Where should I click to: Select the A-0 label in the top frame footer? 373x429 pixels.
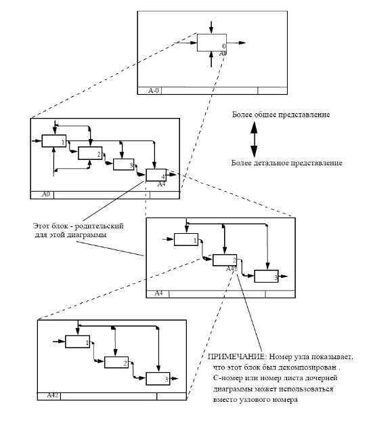point(153,91)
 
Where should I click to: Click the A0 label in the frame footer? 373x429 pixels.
point(46,195)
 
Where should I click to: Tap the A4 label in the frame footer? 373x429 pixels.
point(158,293)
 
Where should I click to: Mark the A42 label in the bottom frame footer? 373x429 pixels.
point(53,395)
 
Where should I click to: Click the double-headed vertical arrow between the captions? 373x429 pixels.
point(254,140)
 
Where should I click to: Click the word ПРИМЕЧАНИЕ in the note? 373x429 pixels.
point(237,356)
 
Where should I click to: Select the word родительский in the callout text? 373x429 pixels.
point(99,226)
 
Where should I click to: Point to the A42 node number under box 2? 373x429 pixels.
point(232,269)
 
